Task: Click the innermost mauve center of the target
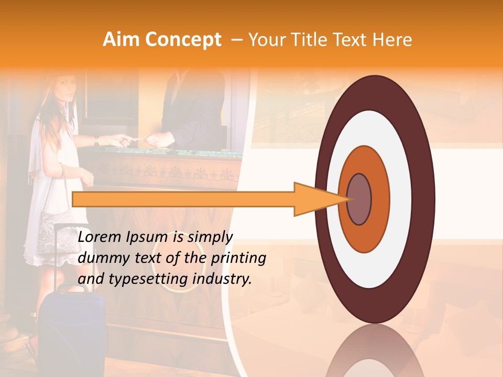click(359, 199)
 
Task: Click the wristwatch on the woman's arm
click(96, 141)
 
